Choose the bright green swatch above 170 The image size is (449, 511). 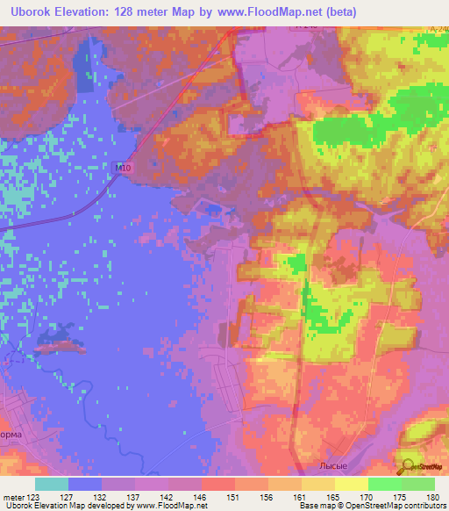click(x=384, y=483)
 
